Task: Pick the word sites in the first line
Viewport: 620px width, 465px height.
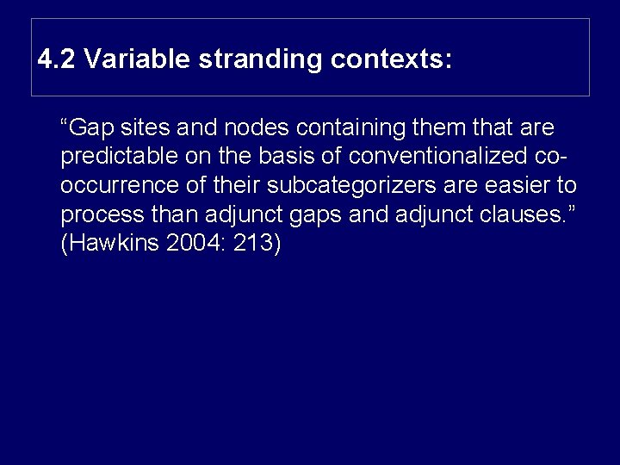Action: [141, 128]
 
